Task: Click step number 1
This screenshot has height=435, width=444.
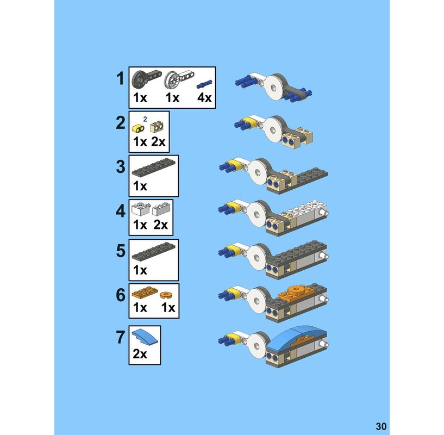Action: coord(120,79)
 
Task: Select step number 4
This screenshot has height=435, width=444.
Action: coord(120,210)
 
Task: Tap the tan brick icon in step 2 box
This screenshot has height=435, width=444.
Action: coord(157,127)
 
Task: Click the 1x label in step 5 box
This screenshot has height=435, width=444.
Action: coord(140,271)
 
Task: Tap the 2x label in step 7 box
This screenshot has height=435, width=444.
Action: coord(140,354)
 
